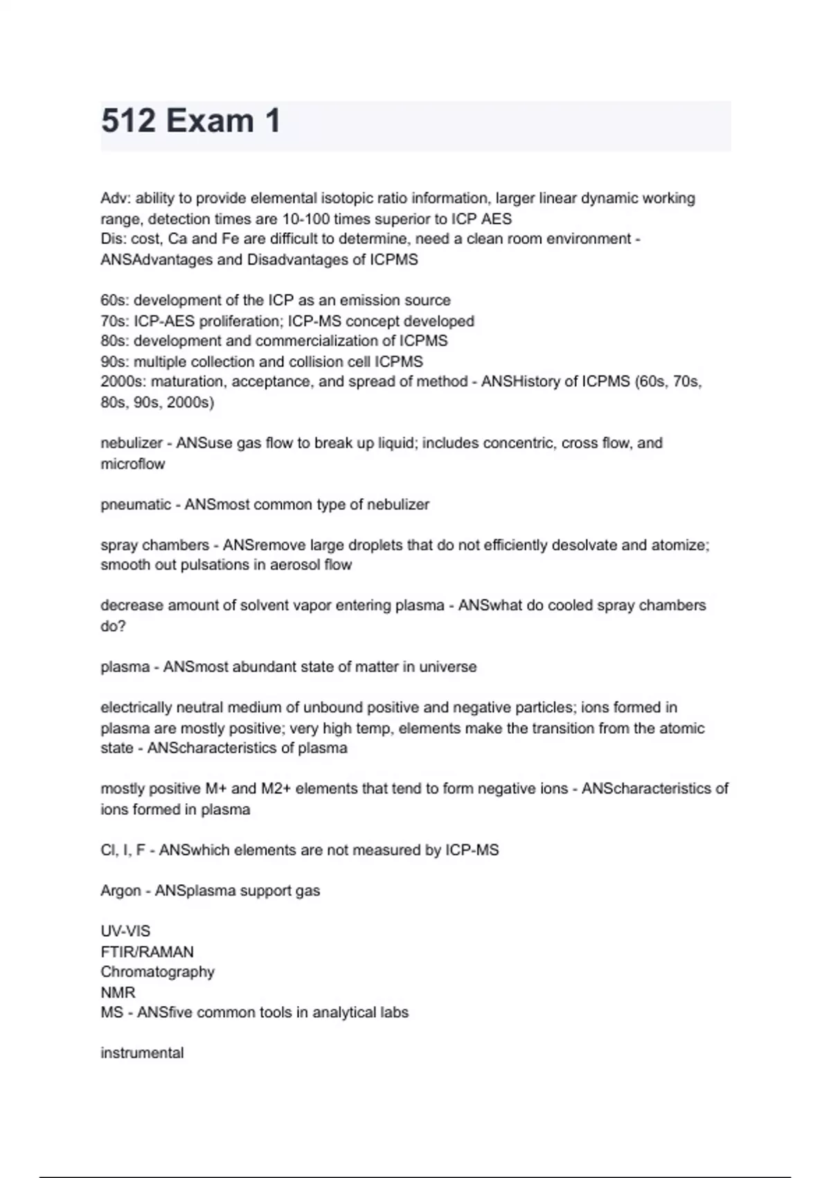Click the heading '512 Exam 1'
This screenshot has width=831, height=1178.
[x=191, y=121]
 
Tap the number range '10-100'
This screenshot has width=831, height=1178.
[x=306, y=220]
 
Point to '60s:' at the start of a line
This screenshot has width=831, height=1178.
[x=114, y=301]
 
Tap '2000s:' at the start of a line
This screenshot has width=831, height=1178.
[x=123, y=382]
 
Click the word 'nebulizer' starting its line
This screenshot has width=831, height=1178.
[x=132, y=443]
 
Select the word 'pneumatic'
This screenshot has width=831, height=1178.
[x=136, y=504]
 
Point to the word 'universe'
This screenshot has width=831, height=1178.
[x=448, y=667]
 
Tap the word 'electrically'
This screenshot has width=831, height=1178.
[x=136, y=707]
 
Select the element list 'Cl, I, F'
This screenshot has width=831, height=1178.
[x=123, y=850]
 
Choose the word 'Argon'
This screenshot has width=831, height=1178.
[x=120, y=891]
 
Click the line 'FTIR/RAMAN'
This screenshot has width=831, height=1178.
[x=147, y=952]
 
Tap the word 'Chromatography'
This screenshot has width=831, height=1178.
[x=157, y=972]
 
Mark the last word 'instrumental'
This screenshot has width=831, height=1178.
[x=142, y=1053]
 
